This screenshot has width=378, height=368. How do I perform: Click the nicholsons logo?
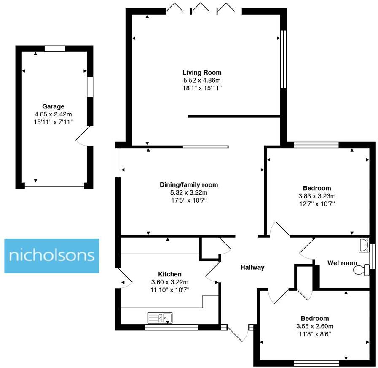click(x=51, y=256)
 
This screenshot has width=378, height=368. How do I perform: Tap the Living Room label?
click(x=201, y=72)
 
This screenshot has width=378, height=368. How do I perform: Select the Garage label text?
click(x=53, y=106)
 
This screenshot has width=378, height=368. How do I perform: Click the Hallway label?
click(x=252, y=267)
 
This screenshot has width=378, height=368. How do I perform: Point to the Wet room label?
click(x=342, y=263)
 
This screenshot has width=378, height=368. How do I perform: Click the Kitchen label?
click(x=170, y=274)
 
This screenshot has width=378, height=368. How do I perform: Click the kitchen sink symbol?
click(x=160, y=317)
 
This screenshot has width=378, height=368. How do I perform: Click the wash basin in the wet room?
click(x=363, y=244)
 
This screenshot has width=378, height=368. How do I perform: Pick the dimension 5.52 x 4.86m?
click(x=201, y=80)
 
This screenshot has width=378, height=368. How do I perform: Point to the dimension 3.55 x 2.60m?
click(x=314, y=326)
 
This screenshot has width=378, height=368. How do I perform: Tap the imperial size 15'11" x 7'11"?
click(x=53, y=122)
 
